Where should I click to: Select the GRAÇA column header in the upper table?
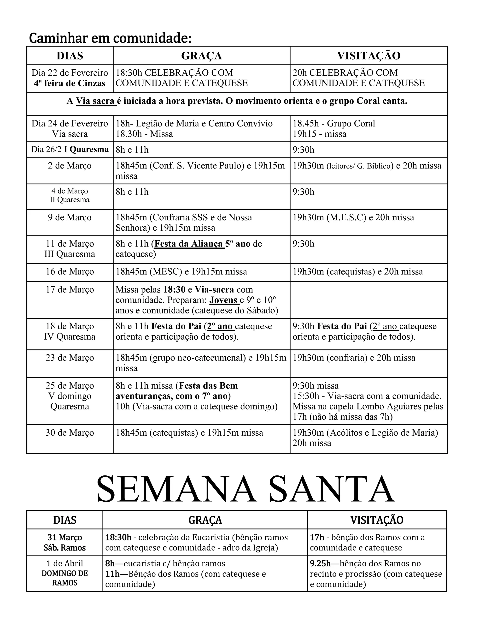tap(201, 56)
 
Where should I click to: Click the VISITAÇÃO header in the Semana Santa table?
tap(377, 520)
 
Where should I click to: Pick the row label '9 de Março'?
tap(70, 217)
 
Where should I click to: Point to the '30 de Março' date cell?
tap(70, 433)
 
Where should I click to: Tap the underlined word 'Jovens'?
tap(224, 300)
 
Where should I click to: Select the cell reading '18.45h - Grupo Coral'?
tap(334, 123)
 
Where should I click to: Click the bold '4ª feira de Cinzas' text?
tap(70, 84)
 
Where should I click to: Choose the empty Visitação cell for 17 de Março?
tap(368, 300)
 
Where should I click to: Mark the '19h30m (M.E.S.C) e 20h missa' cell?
tap(353, 217)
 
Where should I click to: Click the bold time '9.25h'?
tap(320, 564)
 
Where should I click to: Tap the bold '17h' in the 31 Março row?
tap(317, 537)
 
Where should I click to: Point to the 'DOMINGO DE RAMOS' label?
tap(64, 578)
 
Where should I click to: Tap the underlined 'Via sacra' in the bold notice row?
tap(95, 101)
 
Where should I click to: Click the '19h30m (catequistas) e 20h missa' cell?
tap(357, 272)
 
